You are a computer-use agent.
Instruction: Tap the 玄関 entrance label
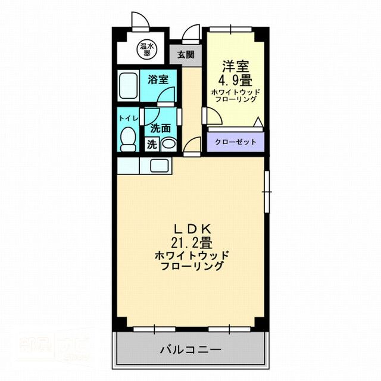tap(186, 55)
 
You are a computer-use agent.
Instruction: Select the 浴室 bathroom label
tap(158, 79)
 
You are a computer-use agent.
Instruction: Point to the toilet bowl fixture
tap(127, 138)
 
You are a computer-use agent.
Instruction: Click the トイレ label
tap(128, 118)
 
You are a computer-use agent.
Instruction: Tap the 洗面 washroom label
tap(160, 127)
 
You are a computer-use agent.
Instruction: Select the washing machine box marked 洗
tap(151, 144)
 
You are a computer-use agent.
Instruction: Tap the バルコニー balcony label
tap(190, 349)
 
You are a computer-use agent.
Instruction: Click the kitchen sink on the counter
tap(160, 165)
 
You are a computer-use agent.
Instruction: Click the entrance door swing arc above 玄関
tap(192, 33)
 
